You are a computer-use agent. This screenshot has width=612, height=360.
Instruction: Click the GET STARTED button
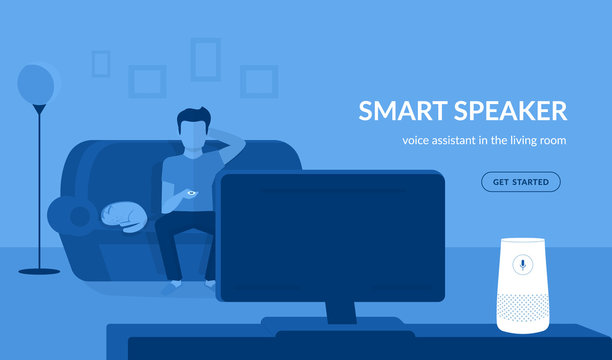click(520, 182)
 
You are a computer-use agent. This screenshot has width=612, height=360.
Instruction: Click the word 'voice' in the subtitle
click(417, 141)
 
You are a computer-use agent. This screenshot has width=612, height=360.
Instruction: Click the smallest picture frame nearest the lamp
click(100, 63)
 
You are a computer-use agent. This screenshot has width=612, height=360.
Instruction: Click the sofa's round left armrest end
click(68, 212)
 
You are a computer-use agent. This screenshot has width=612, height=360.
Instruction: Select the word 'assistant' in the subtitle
click(459, 141)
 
